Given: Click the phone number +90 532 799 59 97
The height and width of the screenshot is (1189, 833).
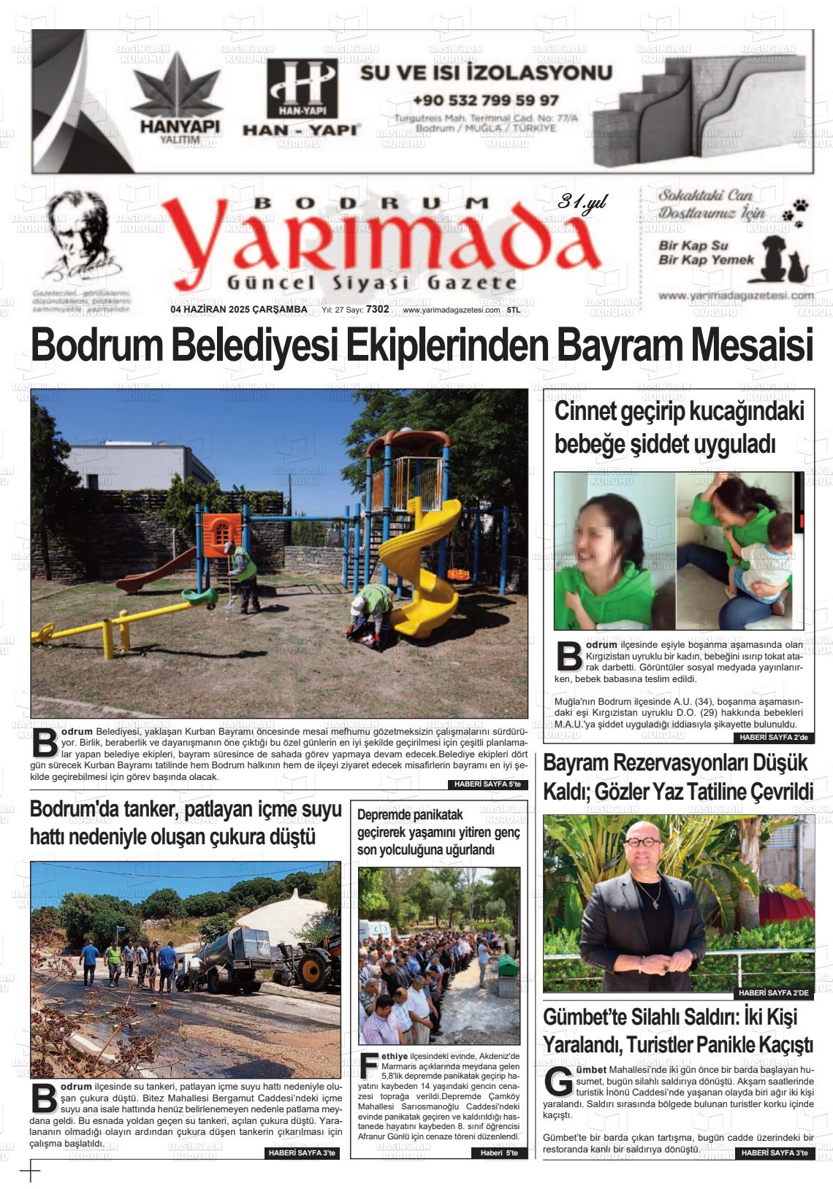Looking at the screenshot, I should click(x=485, y=100).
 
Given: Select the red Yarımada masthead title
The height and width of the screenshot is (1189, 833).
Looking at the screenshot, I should click(x=383, y=242).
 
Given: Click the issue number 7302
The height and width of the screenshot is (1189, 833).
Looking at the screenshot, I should click(x=377, y=309).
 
